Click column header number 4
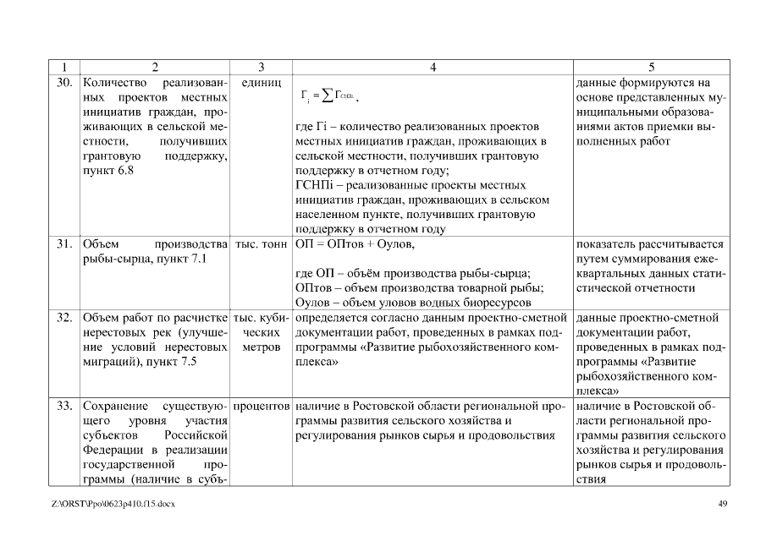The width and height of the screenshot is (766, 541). click(433, 66)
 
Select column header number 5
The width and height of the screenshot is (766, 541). click(651, 66)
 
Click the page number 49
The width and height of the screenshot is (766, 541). click(722, 504)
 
